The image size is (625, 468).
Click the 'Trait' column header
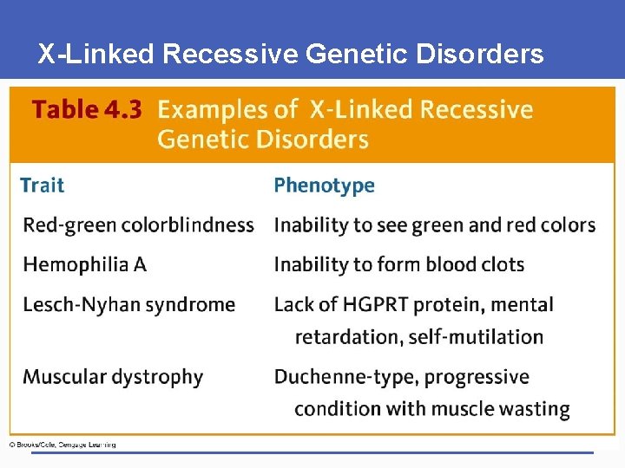pyautogui.click(x=43, y=185)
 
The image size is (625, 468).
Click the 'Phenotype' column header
pyautogui.click(x=325, y=185)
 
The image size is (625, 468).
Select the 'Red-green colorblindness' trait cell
pyautogui.click(x=139, y=225)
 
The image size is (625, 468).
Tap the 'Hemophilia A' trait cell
pyautogui.click(x=85, y=264)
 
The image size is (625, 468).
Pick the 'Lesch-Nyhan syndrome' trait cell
pyautogui.click(x=129, y=305)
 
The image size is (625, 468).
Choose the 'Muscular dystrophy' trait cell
pyautogui.click(x=113, y=377)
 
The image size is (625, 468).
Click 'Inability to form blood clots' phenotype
pyautogui.click(x=399, y=264)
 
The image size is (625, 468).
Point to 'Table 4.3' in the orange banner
pyautogui.click(x=87, y=110)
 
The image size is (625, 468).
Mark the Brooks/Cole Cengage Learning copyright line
pyautogui.click(x=62, y=445)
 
